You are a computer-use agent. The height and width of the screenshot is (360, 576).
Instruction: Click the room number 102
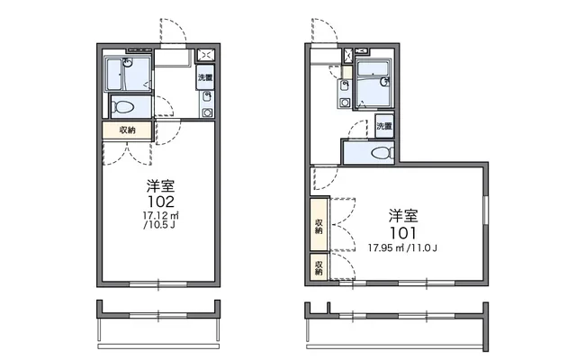pyautogui.click(x=161, y=202)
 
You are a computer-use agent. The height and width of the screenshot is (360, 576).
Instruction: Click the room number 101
pyautogui.click(x=402, y=233)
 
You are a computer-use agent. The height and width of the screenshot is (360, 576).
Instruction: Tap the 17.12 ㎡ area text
pyautogui.click(x=160, y=215)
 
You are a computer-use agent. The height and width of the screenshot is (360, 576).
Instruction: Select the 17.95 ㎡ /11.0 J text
pyautogui.click(x=402, y=248)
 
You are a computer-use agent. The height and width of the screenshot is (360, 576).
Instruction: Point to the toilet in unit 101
pyautogui.click(x=382, y=153)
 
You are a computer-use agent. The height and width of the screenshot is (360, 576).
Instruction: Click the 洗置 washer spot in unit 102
pyautogui.click(x=205, y=77)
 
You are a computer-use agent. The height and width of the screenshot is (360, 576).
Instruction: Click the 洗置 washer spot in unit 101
pyautogui.click(x=384, y=126)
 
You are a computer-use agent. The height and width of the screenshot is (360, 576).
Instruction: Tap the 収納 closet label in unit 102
pyautogui.click(x=127, y=130)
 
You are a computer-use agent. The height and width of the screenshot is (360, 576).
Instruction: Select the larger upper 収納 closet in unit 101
pyautogui.click(x=319, y=224)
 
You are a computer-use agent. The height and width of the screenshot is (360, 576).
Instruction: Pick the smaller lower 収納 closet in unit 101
pyautogui.click(x=319, y=267)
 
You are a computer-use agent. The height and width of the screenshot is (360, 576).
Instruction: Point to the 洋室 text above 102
pyautogui.click(x=160, y=186)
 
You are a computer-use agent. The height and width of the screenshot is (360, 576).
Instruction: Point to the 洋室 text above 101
pyautogui.click(x=403, y=216)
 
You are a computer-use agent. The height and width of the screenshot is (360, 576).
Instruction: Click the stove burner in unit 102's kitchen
pyautogui.click(x=207, y=112)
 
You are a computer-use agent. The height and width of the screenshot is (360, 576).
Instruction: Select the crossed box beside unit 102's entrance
pyautogui.click(x=206, y=55)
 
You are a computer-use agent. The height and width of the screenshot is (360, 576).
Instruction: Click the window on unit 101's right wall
pyautogui.click(x=486, y=210)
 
